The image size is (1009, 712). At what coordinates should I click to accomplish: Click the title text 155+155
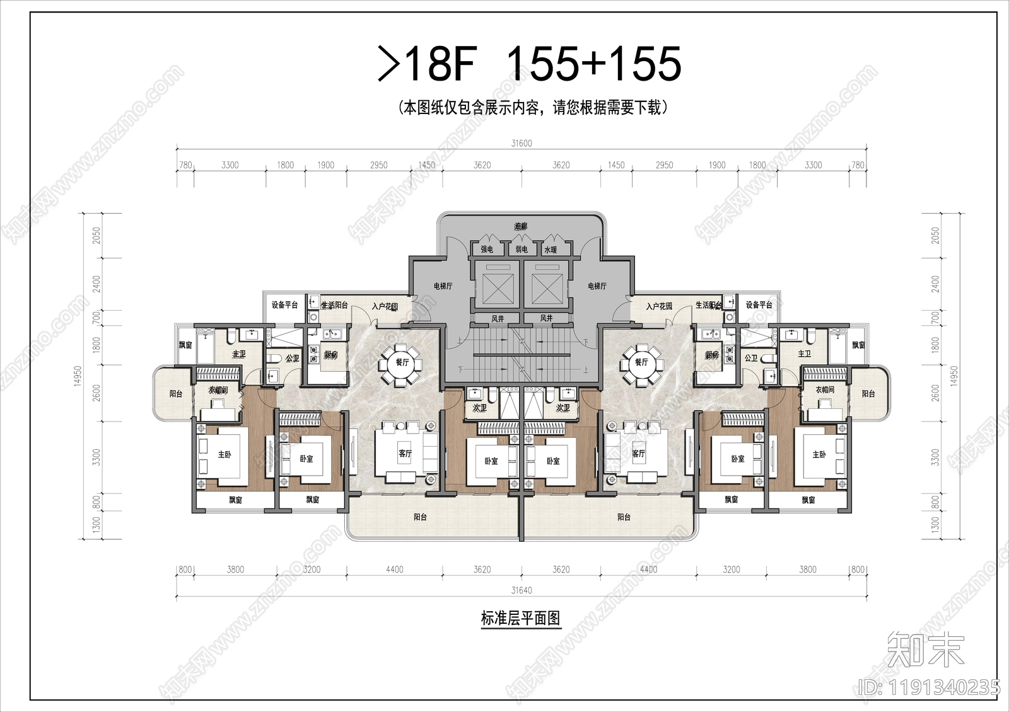(x=593, y=64)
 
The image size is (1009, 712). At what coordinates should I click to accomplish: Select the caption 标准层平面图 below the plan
(x=520, y=619)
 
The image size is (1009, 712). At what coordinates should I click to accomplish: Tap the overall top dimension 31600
(x=521, y=143)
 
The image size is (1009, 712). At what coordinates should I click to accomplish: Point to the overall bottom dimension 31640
(x=521, y=590)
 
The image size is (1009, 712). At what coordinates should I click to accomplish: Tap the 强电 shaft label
(x=487, y=250)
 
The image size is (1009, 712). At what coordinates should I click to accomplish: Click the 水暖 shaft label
(x=551, y=250)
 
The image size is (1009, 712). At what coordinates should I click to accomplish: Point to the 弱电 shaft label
(x=521, y=250)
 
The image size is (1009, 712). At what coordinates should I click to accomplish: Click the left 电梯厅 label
(x=443, y=286)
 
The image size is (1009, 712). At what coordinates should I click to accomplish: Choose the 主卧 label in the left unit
(x=225, y=454)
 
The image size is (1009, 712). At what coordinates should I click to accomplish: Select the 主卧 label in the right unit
(x=819, y=454)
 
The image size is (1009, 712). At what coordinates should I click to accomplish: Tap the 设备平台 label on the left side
(x=284, y=305)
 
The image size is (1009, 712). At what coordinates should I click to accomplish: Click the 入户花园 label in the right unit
(x=659, y=306)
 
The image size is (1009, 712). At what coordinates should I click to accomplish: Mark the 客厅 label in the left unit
(x=405, y=454)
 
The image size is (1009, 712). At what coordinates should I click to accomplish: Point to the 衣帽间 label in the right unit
(x=825, y=390)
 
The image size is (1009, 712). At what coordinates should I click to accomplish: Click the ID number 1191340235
(x=930, y=687)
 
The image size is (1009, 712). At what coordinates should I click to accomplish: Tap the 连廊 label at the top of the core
(x=520, y=226)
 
